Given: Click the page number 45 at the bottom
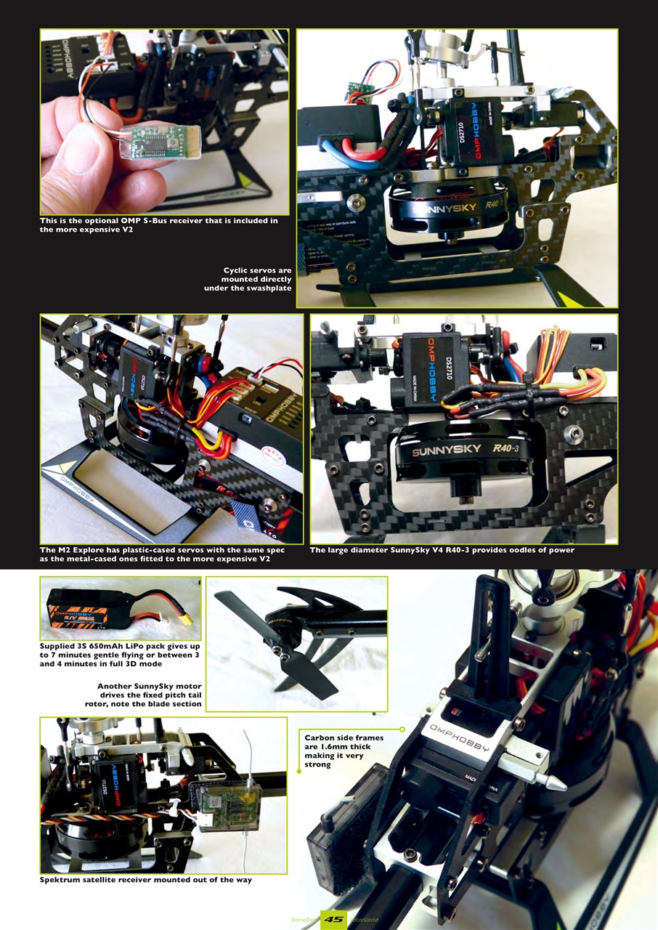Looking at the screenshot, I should click(x=333, y=919).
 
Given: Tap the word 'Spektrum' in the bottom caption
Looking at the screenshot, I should click(x=62, y=880).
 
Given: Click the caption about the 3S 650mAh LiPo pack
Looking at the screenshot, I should click(x=120, y=655).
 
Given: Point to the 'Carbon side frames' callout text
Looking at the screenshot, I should click(x=344, y=751).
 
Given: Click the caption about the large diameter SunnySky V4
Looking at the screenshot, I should click(x=442, y=550).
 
